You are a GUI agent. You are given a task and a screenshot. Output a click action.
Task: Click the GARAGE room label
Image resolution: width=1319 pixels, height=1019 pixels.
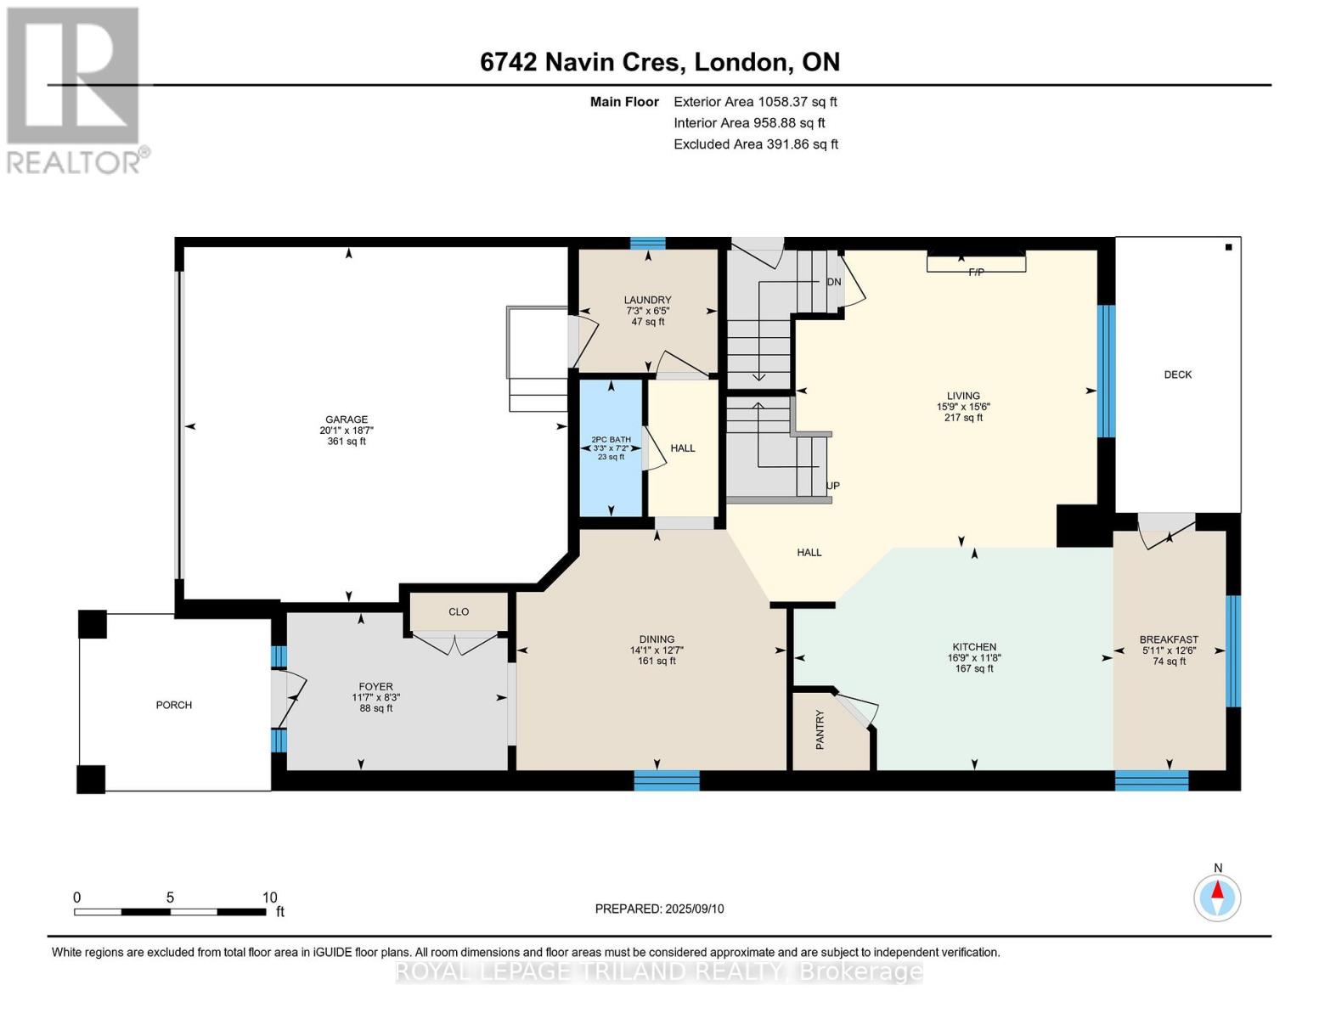(x=347, y=419)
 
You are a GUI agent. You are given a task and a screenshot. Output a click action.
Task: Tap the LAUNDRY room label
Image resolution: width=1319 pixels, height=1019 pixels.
(x=648, y=300)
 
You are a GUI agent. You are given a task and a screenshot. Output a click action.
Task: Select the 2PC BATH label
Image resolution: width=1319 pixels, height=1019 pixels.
(x=612, y=439)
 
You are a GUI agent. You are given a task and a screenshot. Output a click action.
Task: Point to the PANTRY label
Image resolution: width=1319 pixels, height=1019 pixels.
(x=820, y=729)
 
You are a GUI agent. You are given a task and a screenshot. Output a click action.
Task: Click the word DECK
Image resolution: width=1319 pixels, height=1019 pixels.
(x=1177, y=375)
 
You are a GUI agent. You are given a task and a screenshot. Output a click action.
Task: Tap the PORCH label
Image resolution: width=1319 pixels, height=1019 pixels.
(x=173, y=705)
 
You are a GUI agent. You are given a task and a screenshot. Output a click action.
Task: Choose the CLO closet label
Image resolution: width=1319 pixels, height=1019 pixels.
(x=459, y=611)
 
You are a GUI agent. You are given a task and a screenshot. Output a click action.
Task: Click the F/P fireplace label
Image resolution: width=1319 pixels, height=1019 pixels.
(x=976, y=273)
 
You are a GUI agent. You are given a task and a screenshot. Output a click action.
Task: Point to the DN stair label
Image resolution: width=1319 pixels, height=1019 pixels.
(x=834, y=282)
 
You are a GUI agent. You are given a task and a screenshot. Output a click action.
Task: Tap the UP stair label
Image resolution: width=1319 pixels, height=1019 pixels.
(x=833, y=486)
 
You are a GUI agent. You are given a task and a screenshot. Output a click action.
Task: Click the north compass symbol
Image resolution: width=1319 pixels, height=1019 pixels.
(x=1217, y=898)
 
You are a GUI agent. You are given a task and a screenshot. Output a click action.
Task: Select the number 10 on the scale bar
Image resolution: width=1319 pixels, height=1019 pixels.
(x=269, y=897)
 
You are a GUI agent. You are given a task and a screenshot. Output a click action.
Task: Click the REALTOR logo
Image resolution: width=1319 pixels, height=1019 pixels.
(x=77, y=91)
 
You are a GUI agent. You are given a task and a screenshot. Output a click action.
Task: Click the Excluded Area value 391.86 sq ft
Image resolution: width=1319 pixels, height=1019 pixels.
(x=800, y=144)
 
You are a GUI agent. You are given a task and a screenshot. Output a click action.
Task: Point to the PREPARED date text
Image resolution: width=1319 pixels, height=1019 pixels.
(x=659, y=909)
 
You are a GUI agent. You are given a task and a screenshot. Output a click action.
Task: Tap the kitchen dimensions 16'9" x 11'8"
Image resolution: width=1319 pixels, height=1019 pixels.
(x=974, y=658)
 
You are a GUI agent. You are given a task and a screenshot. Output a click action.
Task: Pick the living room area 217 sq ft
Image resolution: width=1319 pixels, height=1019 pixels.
(x=963, y=418)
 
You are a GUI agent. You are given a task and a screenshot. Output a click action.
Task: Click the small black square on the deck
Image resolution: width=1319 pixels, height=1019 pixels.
(x=1229, y=247)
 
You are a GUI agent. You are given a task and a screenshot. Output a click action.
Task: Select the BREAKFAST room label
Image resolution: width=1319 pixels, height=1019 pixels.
(x=1169, y=639)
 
